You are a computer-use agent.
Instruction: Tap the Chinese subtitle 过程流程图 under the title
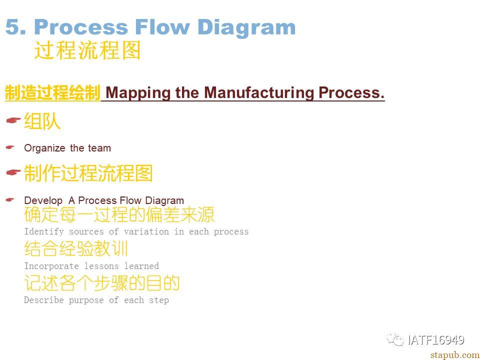click(87, 50)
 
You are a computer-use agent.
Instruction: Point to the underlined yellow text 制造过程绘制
click(52, 93)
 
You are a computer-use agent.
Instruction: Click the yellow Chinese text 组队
click(42, 121)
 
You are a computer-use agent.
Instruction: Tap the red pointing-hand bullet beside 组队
click(13, 120)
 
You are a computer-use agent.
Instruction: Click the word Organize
click(44, 148)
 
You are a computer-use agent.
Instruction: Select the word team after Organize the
click(99, 148)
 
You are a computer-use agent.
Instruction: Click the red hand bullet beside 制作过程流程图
click(13, 172)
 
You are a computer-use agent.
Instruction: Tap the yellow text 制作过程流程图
click(88, 173)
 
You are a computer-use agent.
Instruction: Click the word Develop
click(43, 201)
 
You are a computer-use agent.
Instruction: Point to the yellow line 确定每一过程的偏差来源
click(119, 214)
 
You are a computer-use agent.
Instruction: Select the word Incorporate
click(51, 266)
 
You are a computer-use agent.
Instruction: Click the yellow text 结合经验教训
click(76, 248)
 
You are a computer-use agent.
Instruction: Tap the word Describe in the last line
click(44, 299)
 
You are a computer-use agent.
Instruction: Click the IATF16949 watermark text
click(436, 340)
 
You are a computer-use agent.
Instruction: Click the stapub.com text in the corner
click(455, 355)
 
